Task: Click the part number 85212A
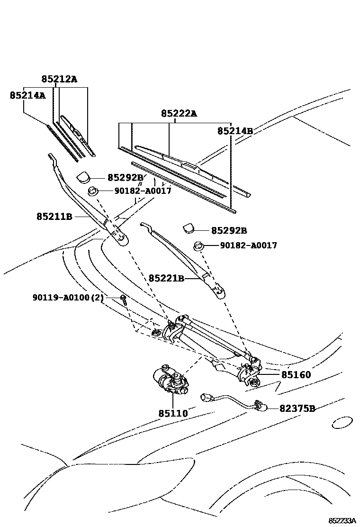pyautogui.click(x=58, y=79)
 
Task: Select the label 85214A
pyautogui.click(x=27, y=95)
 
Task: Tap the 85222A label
pyautogui.click(x=179, y=114)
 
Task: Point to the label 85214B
pyautogui.click(x=235, y=131)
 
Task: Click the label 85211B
pyautogui.click(x=54, y=217)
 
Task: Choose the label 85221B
pyautogui.click(x=166, y=278)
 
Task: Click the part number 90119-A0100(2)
pyautogui.click(x=68, y=298)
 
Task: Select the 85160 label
pyautogui.click(x=296, y=375)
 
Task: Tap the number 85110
pyautogui.click(x=173, y=413)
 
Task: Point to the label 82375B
pyautogui.click(x=297, y=408)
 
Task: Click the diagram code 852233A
pyautogui.click(x=342, y=520)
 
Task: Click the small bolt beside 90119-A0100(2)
pyautogui.click(x=123, y=299)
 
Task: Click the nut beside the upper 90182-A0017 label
pyautogui.click(x=93, y=191)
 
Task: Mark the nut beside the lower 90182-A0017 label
pyautogui.click(x=198, y=245)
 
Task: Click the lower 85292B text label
pyautogui.click(x=229, y=231)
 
